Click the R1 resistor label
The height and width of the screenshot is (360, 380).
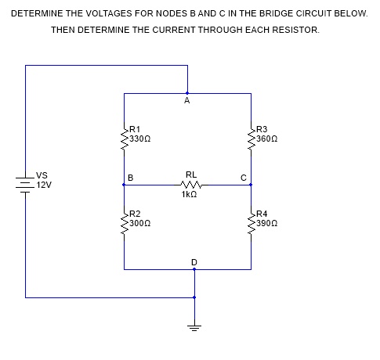coord(135,128)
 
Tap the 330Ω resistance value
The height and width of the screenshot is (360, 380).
coord(139,137)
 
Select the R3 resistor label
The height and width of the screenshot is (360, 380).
coord(262,128)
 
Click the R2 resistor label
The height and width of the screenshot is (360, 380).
coord(135,213)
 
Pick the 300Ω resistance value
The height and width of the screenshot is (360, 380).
coord(139,222)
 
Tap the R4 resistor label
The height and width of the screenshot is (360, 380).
coord(262,213)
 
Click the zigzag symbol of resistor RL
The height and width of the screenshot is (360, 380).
coord(191,185)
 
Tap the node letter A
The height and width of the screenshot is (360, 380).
coord(186,101)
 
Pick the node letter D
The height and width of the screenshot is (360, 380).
coord(194,260)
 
